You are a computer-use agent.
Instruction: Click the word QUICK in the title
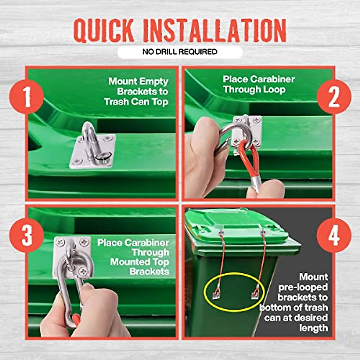tap(103, 31)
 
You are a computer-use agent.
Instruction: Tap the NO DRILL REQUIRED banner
tap(180, 52)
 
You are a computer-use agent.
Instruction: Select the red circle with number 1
tap(27, 97)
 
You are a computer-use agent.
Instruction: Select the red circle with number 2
tap(334, 97)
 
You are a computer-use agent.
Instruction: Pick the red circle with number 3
tap(27, 235)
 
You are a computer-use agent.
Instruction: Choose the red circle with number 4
tap(334, 235)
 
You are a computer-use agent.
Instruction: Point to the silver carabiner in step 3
tap(67, 288)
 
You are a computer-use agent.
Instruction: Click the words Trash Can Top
tap(136, 102)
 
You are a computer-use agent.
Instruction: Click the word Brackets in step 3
tap(149, 271)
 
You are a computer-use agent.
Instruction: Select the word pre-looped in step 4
tap(303, 287)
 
